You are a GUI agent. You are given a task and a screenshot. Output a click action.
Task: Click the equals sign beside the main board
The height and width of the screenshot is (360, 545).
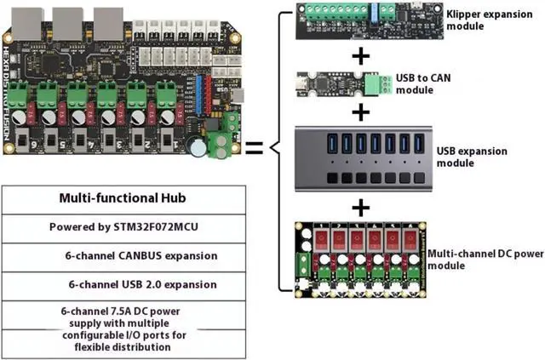(253, 148)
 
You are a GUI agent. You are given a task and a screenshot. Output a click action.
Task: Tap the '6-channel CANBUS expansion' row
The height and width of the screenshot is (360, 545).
(129, 255)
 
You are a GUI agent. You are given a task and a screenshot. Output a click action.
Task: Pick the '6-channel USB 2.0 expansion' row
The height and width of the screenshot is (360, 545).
(129, 284)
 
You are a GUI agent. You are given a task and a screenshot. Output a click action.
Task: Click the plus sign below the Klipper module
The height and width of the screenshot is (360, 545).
(361, 56)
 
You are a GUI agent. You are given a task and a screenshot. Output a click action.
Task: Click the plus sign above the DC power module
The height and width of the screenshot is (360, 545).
(361, 206)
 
